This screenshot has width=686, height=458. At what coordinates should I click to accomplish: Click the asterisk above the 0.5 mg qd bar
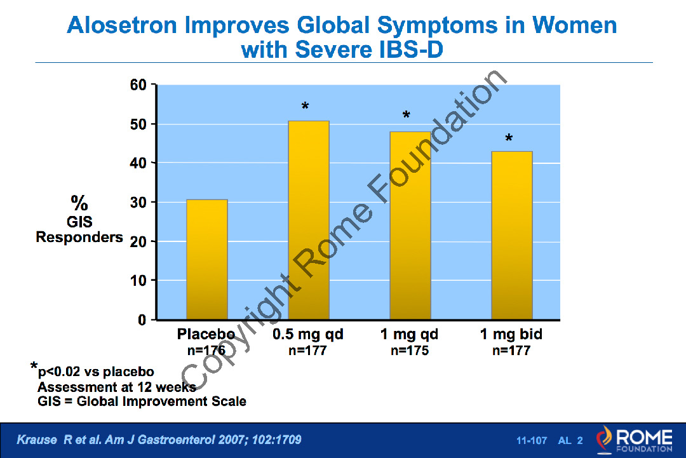click(306, 107)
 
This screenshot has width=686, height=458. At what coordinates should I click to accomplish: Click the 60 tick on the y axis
click(138, 85)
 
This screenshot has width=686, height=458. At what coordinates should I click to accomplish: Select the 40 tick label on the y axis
click(138, 163)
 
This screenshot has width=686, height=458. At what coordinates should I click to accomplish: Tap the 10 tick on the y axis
click(138, 280)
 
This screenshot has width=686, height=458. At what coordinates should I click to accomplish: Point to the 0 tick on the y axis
click(143, 320)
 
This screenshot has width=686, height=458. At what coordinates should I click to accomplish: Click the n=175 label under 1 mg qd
click(410, 351)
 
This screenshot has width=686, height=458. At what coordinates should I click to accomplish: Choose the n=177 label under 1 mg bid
click(511, 351)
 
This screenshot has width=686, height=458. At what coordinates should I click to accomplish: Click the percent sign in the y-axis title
click(79, 204)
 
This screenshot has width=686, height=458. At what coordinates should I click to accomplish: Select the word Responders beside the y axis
click(79, 238)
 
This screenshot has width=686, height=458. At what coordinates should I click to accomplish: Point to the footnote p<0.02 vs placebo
click(95, 372)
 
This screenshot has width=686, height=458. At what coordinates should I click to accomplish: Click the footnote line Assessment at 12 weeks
click(117, 387)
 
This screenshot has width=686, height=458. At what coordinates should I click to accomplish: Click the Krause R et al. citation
click(158, 440)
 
